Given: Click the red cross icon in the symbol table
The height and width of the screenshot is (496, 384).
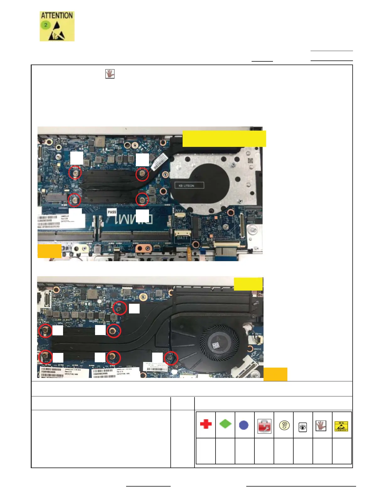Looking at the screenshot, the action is point(206,424).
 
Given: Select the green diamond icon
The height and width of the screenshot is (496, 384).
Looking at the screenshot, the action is point(225,424).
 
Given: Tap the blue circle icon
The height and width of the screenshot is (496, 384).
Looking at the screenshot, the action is point(244,425).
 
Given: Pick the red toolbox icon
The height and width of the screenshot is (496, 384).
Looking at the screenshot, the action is point(264,426).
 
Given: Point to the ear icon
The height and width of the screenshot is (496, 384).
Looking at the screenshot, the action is point(284,426).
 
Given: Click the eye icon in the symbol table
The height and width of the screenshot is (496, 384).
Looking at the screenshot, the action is point(303,427).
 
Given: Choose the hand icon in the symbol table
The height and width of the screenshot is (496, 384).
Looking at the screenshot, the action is point(321,426).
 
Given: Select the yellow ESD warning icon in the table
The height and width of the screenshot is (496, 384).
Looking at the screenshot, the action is point(341,426).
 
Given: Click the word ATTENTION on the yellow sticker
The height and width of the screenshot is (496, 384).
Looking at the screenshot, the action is point(57,16).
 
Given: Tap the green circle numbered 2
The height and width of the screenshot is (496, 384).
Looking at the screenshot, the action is point(46,25).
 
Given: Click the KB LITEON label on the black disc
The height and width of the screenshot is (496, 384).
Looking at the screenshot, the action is point(186,186).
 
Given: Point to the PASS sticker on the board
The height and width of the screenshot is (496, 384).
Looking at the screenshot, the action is point(112,212).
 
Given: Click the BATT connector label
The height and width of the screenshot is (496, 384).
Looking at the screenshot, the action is point(182,238).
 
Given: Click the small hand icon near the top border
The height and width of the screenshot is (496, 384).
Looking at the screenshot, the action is point(110,74).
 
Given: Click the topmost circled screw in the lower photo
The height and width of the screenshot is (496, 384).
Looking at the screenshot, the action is point(120,308).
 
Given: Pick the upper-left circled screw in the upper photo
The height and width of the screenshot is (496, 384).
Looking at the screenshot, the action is point(75,173).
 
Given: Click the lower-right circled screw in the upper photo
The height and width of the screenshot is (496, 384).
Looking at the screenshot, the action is point(142,199).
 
